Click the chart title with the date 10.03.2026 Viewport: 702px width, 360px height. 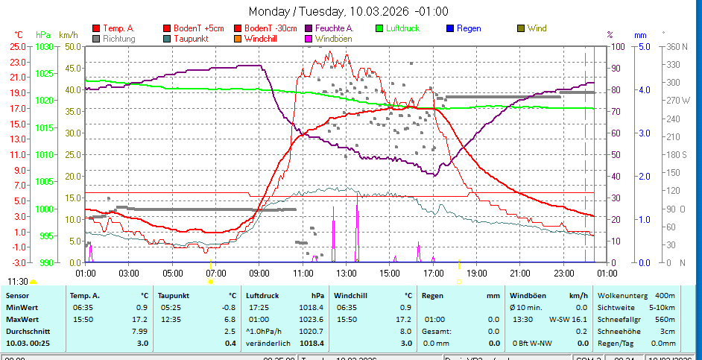[348, 11]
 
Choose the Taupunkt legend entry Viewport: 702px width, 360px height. [190, 38]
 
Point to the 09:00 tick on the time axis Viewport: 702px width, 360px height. [259, 272]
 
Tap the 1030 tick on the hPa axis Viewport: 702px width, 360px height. [45, 46]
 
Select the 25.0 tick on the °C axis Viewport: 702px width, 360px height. [19, 46]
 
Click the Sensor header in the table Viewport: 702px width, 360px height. [17, 296]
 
